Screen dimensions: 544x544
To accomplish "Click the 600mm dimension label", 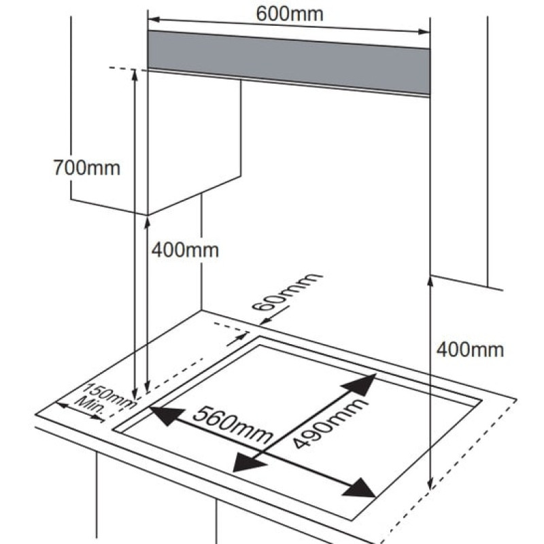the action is [x=290, y=14].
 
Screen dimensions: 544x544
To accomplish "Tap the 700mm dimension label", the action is [x=87, y=168].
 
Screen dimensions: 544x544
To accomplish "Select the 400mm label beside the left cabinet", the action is [x=185, y=250].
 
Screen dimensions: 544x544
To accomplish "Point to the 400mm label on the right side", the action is [x=470, y=350].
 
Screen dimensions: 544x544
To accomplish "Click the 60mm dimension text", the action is [x=287, y=292].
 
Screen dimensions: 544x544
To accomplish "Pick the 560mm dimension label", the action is [x=233, y=425].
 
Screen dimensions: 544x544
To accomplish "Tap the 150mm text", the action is [x=111, y=396].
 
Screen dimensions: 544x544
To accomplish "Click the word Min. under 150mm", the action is [x=90, y=405].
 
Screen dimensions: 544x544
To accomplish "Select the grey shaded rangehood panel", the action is [x=289, y=63].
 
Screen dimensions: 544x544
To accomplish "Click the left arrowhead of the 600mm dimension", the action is [x=154, y=20].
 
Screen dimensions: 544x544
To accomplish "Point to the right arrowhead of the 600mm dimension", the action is [x=424, y=32].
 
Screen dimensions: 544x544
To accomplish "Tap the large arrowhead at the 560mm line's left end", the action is [x=167, y=415].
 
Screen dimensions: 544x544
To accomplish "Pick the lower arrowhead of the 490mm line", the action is [x=248, y=462].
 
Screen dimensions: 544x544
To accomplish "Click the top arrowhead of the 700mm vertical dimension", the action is [x=135, y=75].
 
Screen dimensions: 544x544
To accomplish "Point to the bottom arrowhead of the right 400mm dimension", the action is [x=430, y=483].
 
